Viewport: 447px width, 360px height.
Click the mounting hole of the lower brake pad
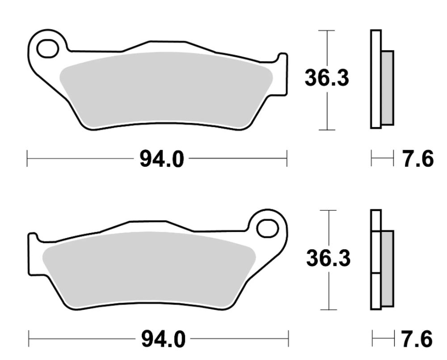pos(268,227)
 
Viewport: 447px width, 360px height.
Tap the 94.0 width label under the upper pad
pos(162,159)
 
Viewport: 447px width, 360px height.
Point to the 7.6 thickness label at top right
pos(418,159)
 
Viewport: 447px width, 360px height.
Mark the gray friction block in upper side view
pos(387,87)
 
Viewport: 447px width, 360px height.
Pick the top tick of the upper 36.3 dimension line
pos(327,30)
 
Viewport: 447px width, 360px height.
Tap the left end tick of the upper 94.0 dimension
pos(27,158)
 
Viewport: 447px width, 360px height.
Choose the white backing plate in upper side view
pos(375,79)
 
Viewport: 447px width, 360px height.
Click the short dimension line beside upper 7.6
pos(383,158)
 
